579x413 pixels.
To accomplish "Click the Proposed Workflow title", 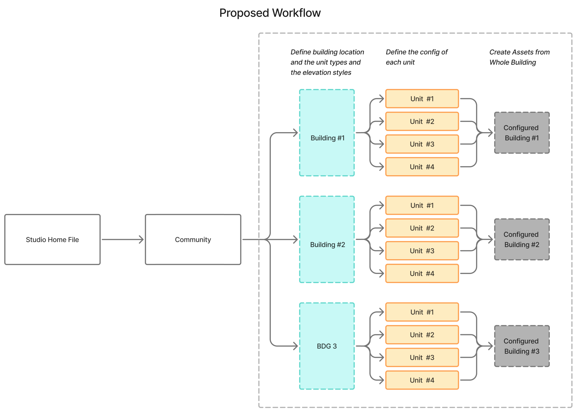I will click(270, 13).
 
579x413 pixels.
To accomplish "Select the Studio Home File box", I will click(52, 239).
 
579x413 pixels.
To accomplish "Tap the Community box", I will click(193, 239).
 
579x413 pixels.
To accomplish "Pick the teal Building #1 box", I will click(327, 133).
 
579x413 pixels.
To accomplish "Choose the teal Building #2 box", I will click(327, 239).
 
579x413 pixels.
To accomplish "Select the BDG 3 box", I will click(327, 346).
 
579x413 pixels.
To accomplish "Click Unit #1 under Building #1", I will click(422, 99).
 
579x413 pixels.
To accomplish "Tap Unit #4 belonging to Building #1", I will click(422, 167).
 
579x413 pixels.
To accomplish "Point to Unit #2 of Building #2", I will click(422, 228).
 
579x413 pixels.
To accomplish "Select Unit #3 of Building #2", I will click(422, 251).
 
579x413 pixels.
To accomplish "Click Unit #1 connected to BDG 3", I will click(422, 312).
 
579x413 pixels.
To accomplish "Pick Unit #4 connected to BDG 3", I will click(422, 380).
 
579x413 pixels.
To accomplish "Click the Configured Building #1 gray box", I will click(522, 133).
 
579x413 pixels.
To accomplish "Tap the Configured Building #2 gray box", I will click(522, 239).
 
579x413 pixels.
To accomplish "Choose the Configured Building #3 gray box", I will click(522, 346).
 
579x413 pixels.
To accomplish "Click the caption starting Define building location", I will click(327, 62).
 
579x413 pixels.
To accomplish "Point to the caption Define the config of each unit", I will click(416, 57).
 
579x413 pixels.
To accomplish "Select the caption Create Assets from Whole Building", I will click(519, 57).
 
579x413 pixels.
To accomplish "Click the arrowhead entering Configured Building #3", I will click(490, 346).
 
